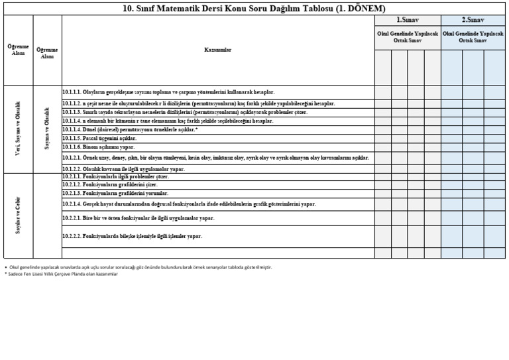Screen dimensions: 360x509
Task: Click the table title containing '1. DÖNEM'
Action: point(254,9)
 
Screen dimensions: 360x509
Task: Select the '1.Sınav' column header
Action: point(408,20)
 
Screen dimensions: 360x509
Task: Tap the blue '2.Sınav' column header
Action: point(473,20)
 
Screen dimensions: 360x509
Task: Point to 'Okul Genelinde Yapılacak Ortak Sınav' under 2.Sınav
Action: point(473,36)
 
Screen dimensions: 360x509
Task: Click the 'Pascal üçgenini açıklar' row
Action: point(99,139)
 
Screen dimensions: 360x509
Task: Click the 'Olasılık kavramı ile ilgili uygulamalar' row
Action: point(123,169)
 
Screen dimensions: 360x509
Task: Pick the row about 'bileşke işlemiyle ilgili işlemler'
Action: point(132,236)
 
